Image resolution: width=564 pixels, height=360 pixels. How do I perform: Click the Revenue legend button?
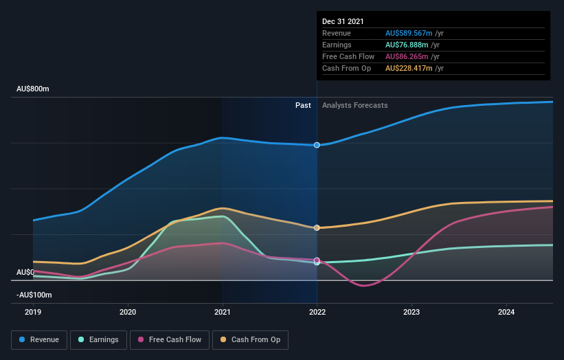[40, 339]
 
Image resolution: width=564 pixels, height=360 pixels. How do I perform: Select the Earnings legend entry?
[98, 339]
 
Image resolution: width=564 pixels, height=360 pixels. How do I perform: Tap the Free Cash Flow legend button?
[169, 339]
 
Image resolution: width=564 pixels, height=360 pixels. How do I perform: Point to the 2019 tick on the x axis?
[33, 311]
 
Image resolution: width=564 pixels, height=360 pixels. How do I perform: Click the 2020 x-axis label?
[128, 311]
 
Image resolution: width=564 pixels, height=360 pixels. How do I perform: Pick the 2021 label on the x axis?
[222, 311]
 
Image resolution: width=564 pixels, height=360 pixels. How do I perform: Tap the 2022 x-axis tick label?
[317, 311]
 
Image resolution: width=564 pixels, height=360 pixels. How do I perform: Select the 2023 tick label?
[411, 311]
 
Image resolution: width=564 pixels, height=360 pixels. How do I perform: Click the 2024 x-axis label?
[506, 311]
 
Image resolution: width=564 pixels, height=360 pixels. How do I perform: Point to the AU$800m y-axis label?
[33, 89]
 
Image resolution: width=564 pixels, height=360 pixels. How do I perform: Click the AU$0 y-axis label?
[25, 273]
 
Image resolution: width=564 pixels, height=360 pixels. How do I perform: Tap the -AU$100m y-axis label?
[34, 295]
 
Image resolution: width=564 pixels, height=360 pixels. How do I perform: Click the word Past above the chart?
[303, 106]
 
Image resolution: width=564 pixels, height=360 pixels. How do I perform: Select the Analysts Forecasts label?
[354, 106]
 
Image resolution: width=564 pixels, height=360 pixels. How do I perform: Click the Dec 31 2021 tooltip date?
[343, 21]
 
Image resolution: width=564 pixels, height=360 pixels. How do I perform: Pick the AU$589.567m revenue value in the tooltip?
[409, 33]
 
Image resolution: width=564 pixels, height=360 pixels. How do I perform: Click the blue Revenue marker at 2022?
[317, 145]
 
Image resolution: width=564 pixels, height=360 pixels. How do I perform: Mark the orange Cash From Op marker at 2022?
[317, 227]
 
